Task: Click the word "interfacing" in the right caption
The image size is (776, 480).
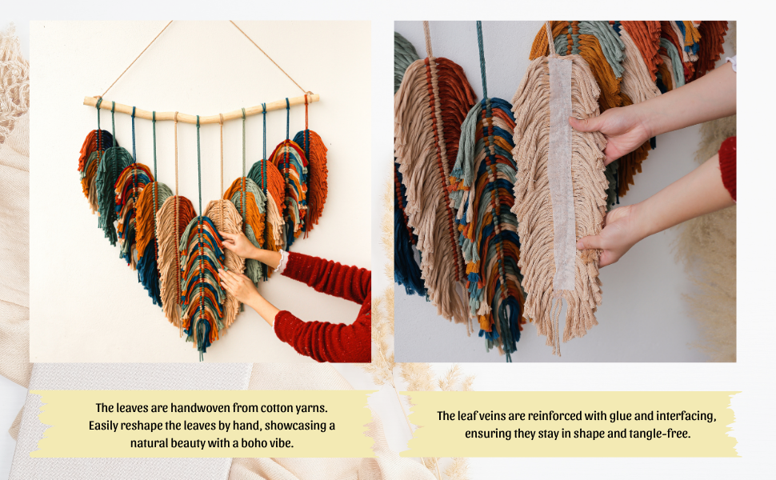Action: point(683,416)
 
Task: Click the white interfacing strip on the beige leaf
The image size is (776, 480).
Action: point(562,176)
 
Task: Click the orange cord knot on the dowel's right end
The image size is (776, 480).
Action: point(306,99)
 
